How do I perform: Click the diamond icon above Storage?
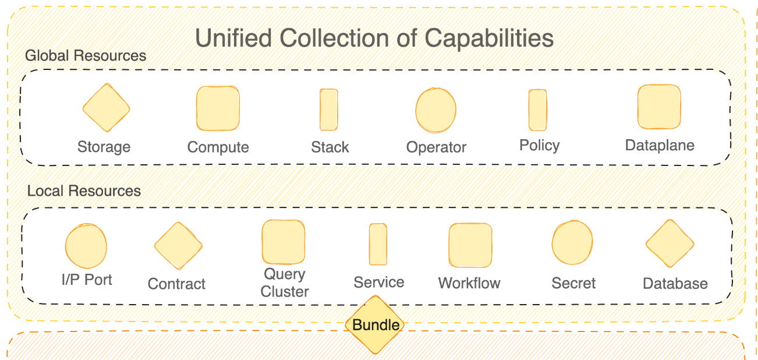pos(106,108)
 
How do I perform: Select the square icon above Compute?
pos(218,108)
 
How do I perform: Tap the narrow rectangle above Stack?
pos(329,110)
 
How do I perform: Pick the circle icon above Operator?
pos(435,110)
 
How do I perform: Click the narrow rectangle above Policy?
pos(537,110)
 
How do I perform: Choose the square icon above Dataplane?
pos(659,107)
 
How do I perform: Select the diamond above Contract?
pos(178,246)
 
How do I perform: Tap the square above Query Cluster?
pos(284,242)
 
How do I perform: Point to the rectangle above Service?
pos(378,245)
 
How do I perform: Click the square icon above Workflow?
pos(470,246)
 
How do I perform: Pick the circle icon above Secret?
pos(572,243)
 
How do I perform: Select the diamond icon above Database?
pos(670,244)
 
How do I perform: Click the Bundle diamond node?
pos(376,325)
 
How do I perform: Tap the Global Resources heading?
pos(86,56)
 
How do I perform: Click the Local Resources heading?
pos(84,191)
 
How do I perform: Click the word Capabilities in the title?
pos(488,38)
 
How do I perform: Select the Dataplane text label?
pos(660,145)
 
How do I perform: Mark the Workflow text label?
pos(469,284)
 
